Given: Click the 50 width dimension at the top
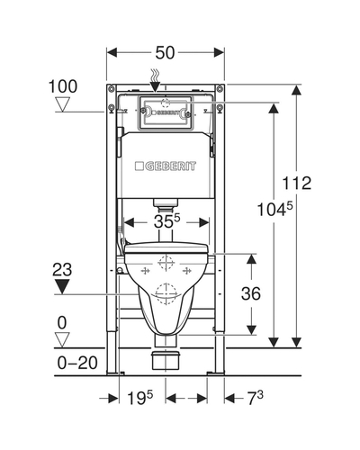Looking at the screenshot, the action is pos(165,53).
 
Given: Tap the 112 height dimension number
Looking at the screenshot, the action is pos(297,183).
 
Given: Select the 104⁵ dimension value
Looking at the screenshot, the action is pos(274,209).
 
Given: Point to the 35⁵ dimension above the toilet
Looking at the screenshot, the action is pos(167,221).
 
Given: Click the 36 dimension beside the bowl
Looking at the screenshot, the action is pos(251,293).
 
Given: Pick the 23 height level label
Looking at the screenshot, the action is pos(62,269).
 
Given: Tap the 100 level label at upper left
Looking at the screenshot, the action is pos(63,86).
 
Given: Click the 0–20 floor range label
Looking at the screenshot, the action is pos(77,363).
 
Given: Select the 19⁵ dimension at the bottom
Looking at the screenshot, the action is pos(140,398).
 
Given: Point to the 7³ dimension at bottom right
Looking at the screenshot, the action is pos(256,398).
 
